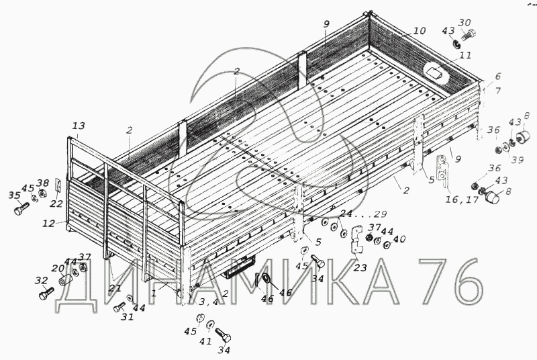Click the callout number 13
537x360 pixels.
tap(79, 126)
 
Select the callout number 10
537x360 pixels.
tap(419, 31)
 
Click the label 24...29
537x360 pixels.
tap(363, 214)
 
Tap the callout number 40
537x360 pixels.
tap(399, 240)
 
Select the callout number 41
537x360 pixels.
tap(205, 341)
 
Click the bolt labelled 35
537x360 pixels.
tap(18, 210)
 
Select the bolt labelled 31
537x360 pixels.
tap(119, 309)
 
